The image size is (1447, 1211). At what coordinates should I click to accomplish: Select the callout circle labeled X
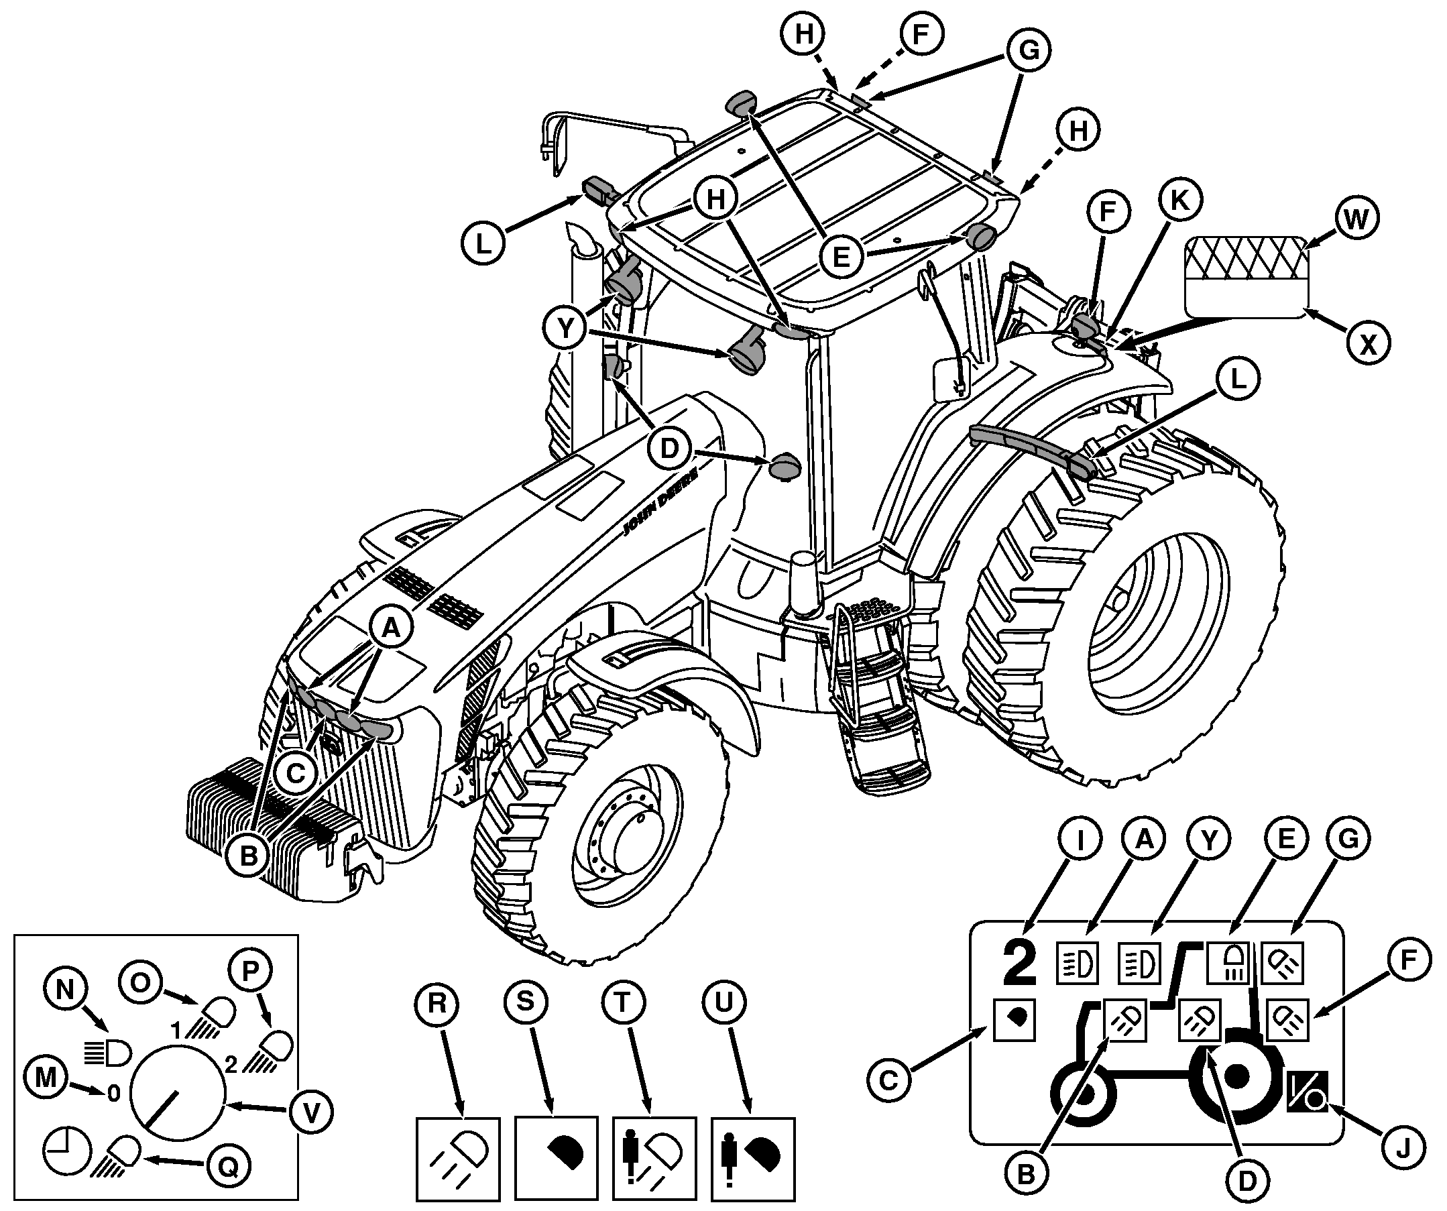tap(1368, 343)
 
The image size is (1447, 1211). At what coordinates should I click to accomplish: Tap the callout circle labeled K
tap(1179, 200)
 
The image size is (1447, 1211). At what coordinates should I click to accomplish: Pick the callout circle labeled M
tap(46, 1078)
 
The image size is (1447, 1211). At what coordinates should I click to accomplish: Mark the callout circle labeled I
tap(1079, 840)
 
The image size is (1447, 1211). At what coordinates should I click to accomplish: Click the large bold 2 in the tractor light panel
tap(1020, 964)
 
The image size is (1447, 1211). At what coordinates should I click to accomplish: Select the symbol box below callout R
tap(458, 1159)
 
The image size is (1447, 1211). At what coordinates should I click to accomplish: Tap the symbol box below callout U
tap(752, 1159)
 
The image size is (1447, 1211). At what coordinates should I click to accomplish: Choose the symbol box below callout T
tap(654, 1159)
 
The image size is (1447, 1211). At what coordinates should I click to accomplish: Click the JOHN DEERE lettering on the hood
tap(660, 501)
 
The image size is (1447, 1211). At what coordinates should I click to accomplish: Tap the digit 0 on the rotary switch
tap(114, 1092)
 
